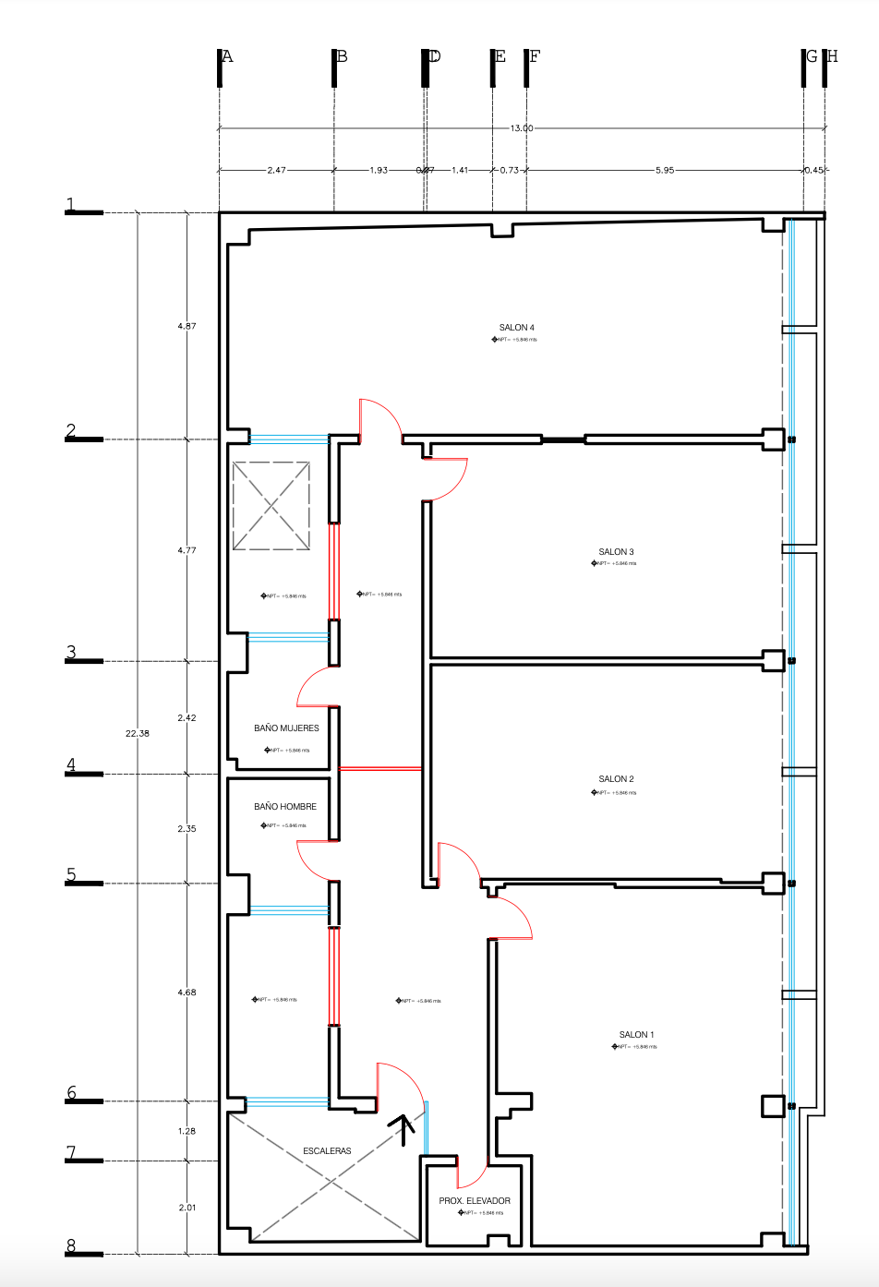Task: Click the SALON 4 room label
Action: (516, 328)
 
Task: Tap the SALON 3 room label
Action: (616, 552)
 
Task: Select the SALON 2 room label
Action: (616, 779)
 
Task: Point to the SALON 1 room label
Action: (636, 1035)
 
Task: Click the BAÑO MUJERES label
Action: (286, 728)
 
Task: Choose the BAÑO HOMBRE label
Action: (285, 807)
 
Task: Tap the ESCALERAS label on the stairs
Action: (327, 1151)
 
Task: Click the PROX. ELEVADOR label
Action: (475, 1201)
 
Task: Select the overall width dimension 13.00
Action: (522, 128)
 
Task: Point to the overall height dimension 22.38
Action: (138, 733)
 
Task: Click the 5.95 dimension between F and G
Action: (665, 171)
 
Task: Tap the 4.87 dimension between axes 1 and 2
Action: (187, 326)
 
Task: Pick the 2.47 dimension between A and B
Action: (276, 171)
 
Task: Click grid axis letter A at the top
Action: (227, 56)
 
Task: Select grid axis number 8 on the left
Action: (71, 1245)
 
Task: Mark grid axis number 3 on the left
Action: (71, 653)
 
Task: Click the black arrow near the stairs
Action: (403, 1127)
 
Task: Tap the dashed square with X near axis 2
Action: (271, 506)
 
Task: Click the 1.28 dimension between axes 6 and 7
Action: (187, 1131)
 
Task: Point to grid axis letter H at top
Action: (832, 56)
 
